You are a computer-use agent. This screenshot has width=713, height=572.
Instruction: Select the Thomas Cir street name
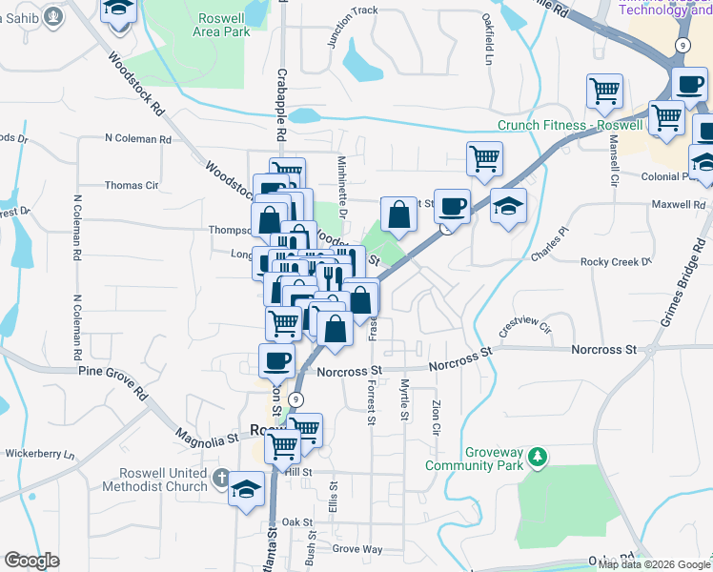[132, 186]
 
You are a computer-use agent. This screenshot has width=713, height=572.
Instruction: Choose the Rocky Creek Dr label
[616, 261]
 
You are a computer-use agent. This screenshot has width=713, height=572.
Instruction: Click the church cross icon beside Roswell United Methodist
[221, 480]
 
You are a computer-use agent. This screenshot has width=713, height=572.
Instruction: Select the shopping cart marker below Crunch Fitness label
[485, 158]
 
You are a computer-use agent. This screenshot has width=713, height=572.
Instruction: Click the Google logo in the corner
[31, 561]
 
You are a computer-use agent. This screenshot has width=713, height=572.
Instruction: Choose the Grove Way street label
[357, 549]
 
